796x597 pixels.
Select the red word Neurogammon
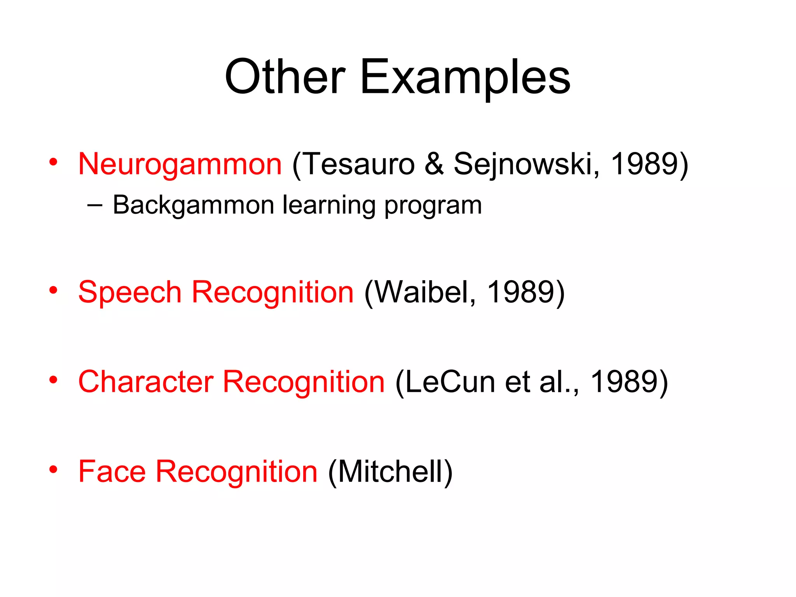180,164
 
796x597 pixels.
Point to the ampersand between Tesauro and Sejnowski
434,164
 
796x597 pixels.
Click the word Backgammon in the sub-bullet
194,205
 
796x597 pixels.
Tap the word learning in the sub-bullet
329,205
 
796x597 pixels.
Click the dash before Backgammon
95,205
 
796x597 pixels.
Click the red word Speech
130,292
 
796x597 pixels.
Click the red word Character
146,382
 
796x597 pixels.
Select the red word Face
112,471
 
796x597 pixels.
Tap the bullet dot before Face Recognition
53,469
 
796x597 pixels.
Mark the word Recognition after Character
304,382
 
